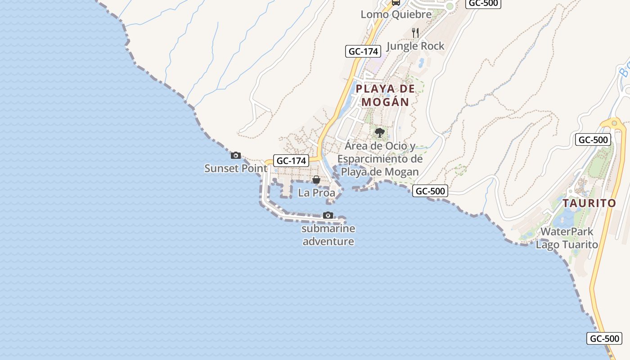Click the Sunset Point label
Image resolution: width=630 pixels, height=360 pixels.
(235, 168)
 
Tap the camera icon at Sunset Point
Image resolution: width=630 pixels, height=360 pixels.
(235, 156)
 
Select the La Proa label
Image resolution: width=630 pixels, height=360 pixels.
(317, 193)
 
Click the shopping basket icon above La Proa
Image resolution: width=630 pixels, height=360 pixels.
(316, 180)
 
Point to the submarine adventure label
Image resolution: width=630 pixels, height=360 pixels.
(328, 235)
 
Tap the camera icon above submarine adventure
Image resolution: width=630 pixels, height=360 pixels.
(328, 215)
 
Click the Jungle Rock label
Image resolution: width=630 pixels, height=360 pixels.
(415, 46)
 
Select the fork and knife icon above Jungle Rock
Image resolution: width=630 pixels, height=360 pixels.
(415, 32)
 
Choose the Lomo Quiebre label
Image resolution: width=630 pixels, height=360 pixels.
(396, 14)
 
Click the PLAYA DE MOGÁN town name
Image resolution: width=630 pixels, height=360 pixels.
(385, 95)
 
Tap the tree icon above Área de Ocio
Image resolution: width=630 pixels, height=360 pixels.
(380, 132)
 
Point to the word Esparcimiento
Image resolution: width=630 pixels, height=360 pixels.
(380, 159)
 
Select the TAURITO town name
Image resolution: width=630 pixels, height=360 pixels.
(589, 203)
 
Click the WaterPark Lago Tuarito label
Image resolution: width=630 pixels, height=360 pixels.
(567, 238)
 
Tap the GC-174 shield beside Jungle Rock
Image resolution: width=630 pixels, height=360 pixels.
(363, 51)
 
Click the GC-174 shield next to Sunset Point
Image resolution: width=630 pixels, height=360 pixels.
(291, 161)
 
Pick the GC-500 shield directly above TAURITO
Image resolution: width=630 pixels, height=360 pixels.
(593, 140)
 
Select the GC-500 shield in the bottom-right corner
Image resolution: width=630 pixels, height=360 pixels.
(604, 338)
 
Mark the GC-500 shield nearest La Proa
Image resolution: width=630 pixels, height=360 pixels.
(430, 191)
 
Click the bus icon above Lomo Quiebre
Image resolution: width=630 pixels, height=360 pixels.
(396, 2)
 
